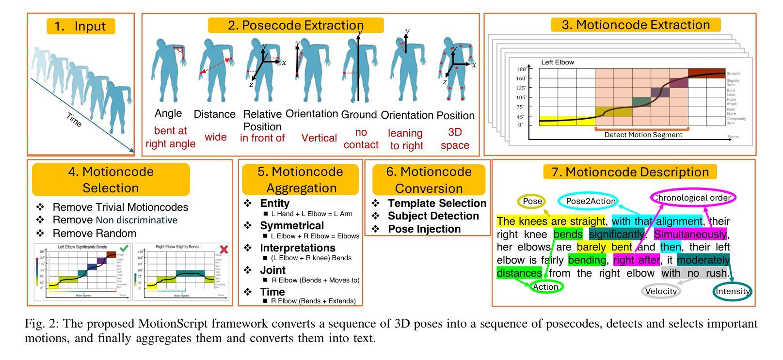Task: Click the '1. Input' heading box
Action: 81,26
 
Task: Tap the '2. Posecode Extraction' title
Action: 296,25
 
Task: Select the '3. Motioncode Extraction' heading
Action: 635,25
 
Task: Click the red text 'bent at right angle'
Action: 170,137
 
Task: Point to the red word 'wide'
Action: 215,137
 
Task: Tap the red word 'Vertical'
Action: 319,138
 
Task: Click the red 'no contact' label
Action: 360,139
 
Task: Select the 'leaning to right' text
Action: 406,139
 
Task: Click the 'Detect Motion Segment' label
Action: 643,135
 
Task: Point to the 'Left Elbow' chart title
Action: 558,63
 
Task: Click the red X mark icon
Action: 224,249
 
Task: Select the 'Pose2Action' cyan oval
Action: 591,201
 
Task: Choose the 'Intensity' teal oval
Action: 733,291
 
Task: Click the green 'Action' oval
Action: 545,287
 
